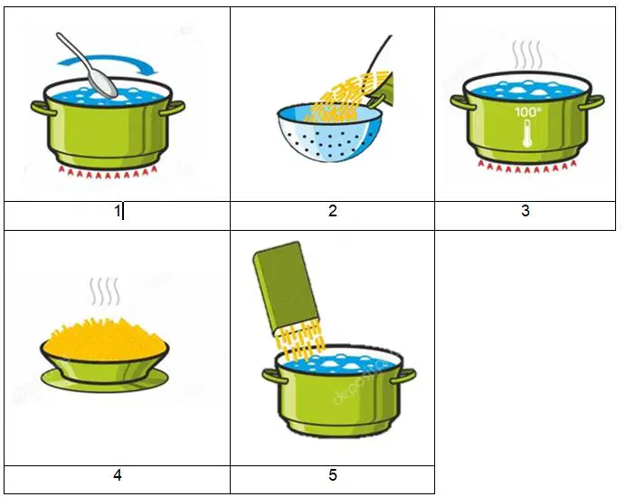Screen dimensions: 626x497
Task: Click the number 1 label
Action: pyautogui.click(x=117, y=211)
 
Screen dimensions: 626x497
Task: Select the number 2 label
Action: pyautogui.click(x=333, y=211)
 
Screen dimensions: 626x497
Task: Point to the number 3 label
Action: pyautogui.click(x=526, y=211)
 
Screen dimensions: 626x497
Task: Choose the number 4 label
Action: pyautogui.click(x=118, y=475)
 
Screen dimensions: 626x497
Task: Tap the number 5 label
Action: pyautogui.click(x=333, y=475)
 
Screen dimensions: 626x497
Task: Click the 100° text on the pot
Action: pyautogui.click(x=527, y=112)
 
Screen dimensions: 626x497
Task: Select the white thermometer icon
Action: pyautogui.click(x=527, y=133)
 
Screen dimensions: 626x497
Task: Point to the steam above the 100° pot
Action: pyautogui.click(x=527, y=55)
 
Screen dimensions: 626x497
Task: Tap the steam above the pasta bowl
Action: pyautogui.click(x=105, y=292)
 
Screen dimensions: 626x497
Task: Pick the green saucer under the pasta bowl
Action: pyautogui.click(x=105, y=380)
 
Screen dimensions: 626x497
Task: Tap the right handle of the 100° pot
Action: pyautogui.click(x=592, y=101)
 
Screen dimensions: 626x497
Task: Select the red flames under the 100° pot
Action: pyautogui.click(x=527, y=167)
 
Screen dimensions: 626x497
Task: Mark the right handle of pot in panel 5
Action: pyautogui.click(x=403, y=377)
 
